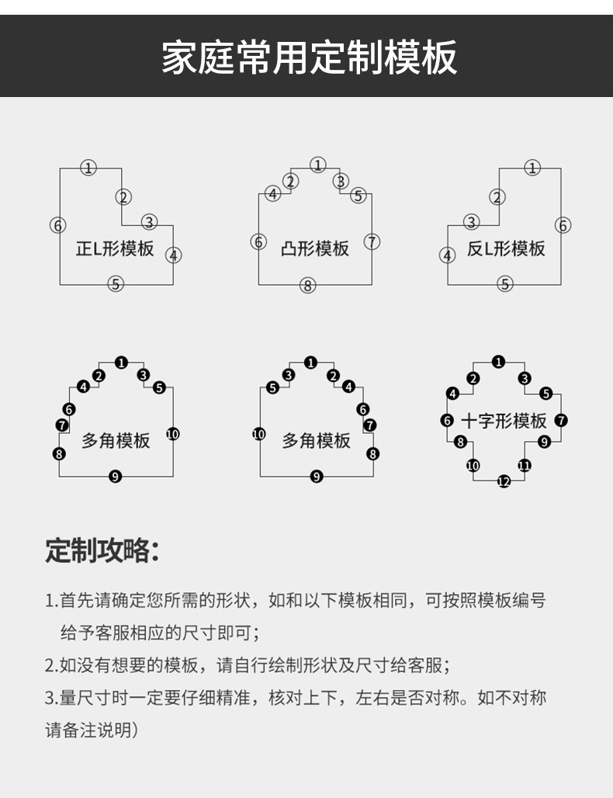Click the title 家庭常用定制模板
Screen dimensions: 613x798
tap(309, 58)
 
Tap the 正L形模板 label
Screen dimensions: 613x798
tap(115, 249)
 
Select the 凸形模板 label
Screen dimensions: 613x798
tap(315, 249)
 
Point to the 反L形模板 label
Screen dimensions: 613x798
tap(506, 249)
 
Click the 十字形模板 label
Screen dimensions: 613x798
tap(504, 421)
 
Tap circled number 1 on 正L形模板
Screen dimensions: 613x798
tap(89, 168)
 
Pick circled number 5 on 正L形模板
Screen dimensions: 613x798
tap(116, 284)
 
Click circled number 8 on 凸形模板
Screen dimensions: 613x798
tap(308, 286)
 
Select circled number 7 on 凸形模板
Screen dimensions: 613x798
tap(372, 241)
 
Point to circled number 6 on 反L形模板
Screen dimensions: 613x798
tap(563, 226)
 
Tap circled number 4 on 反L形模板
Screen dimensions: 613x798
tap(447, 255)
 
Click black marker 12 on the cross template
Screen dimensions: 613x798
tap(504, 482)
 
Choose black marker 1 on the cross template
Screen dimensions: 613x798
tap(499, 361)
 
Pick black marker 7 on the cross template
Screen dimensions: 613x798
tap(562, 421)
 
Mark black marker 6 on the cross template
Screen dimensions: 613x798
tap(447, 421)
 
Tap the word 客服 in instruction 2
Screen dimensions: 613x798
tap(426, 665)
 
